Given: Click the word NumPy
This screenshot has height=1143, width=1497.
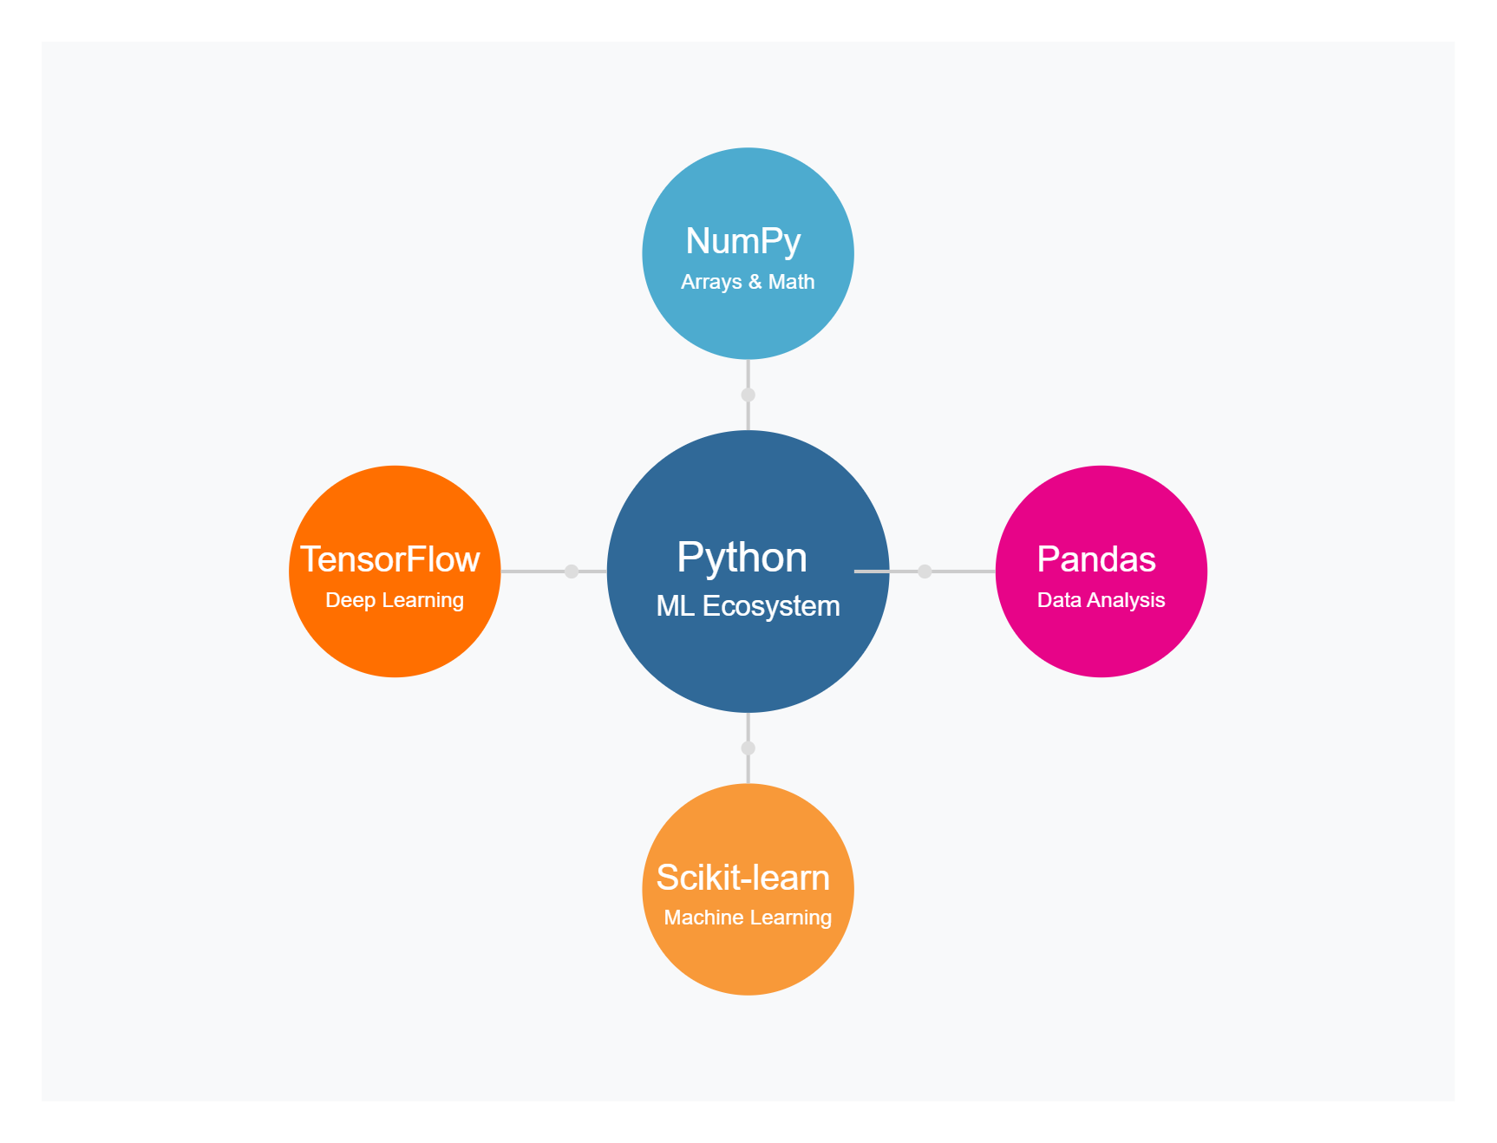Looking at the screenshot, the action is [743, 242].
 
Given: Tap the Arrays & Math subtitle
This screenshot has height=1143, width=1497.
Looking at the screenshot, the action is [748, 282].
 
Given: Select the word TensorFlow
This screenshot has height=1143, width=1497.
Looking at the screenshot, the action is [390, 559].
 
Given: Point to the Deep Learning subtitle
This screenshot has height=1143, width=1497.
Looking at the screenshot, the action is [395, 600].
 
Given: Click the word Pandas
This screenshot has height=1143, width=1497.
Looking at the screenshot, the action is [1096, 559].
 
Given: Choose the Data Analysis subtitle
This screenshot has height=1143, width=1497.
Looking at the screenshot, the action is [1102, 600].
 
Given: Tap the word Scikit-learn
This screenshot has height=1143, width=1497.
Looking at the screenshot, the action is [743, 878].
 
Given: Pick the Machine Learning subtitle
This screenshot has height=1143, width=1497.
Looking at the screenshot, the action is [748, 918].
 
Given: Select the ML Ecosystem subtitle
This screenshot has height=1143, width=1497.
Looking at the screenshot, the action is [748, 606].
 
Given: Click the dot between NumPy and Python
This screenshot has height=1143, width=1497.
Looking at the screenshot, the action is [748, 395].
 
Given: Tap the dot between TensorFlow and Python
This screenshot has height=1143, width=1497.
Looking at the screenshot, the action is [572, 571].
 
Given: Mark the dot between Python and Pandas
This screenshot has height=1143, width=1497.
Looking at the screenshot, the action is [925, 571].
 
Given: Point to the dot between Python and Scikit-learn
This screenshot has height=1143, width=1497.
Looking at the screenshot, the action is [748, 748].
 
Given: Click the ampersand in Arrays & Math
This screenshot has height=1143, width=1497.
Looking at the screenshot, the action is [755, 282].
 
